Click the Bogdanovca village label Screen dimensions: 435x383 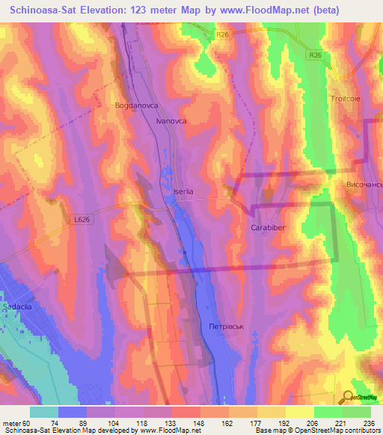coord(135,106)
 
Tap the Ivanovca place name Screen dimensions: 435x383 coord(171,120)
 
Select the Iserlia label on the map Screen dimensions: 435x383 coord(183,191)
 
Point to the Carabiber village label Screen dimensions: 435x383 coord(267,227)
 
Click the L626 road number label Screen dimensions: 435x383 coord(83,219)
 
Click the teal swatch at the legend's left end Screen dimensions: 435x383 coord(43,412)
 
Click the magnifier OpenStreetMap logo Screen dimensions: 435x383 coord(348,398)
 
